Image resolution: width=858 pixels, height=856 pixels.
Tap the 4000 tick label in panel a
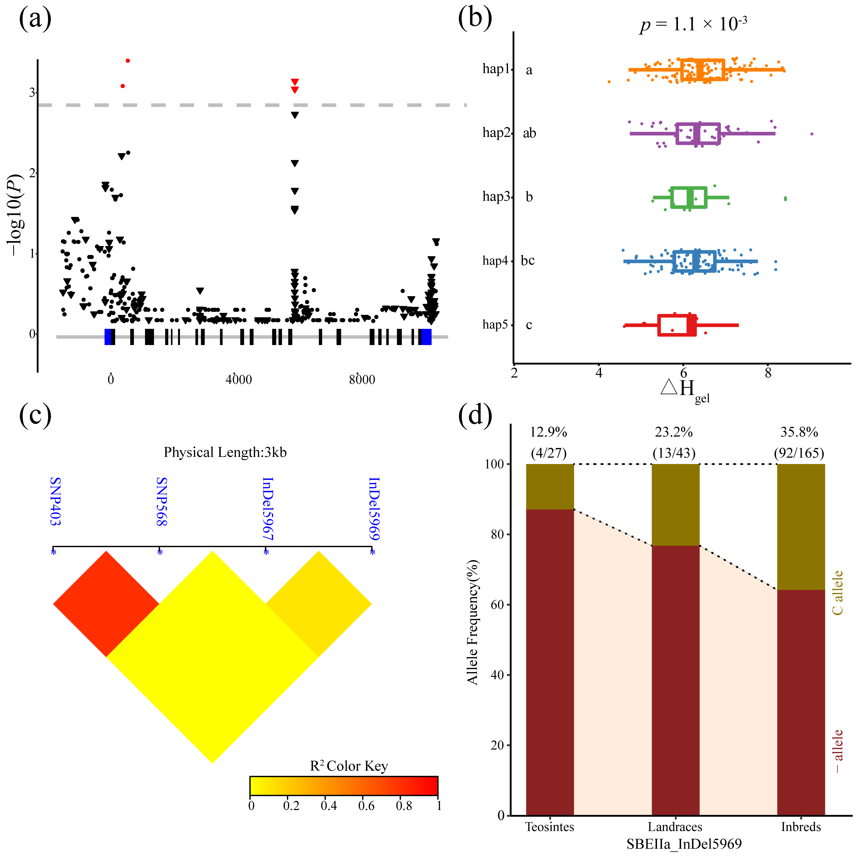pos(238,380)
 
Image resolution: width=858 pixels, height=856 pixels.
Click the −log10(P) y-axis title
pos(15,215)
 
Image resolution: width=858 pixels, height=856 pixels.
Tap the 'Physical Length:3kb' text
pos(225,452)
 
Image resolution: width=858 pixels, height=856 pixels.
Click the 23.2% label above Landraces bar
pos(674,432)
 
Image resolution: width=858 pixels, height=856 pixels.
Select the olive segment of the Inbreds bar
pos(801,527)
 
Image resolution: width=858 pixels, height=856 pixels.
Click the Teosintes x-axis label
pos(550,827)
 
